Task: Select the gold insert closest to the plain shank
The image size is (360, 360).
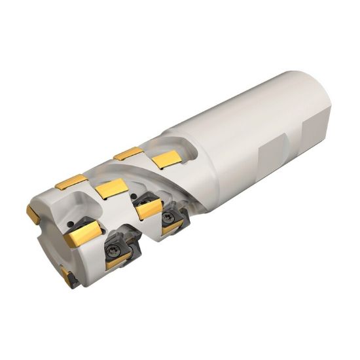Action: tap(166, 158)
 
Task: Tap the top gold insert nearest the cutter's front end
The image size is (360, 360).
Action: tap(71, 181)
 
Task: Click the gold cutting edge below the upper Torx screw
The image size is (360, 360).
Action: tap(171, 227)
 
